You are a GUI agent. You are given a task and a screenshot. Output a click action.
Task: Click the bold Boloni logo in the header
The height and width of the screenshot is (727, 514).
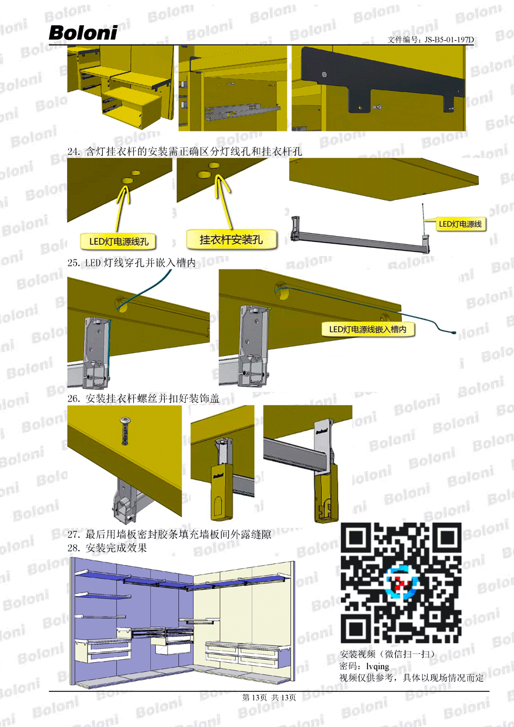(x=83, y=33)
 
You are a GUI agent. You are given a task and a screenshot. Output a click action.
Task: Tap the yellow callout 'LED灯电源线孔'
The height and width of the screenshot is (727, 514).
(x=119, y=241)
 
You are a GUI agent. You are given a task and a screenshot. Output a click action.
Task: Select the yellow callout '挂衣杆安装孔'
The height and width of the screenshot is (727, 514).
(x=231, y=240)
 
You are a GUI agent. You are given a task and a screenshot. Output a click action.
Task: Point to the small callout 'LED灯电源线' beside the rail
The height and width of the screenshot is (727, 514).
(x=460, y=224)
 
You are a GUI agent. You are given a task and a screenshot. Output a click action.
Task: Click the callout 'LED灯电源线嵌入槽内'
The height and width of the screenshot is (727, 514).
(x=368, y=330)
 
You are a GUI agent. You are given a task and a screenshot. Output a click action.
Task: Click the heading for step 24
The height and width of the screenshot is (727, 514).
(x=185, y=151)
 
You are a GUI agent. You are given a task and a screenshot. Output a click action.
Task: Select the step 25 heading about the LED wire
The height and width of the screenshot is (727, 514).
(x=131, y=262)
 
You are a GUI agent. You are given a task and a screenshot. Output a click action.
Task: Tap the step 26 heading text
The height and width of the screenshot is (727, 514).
(x=144, y=399)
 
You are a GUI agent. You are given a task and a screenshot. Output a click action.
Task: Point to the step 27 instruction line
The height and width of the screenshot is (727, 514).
(x=169, y=534)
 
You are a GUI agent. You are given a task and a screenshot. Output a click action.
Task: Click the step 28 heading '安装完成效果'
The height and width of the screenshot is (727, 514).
(x=107, y=548)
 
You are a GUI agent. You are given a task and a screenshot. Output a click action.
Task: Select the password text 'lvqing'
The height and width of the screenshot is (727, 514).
(x=377, y=666)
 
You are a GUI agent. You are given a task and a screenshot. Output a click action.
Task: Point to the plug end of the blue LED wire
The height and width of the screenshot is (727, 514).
(x=453, y=333)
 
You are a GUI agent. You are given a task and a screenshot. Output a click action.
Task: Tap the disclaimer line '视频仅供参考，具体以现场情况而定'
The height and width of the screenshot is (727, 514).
(x=411, y=678)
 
